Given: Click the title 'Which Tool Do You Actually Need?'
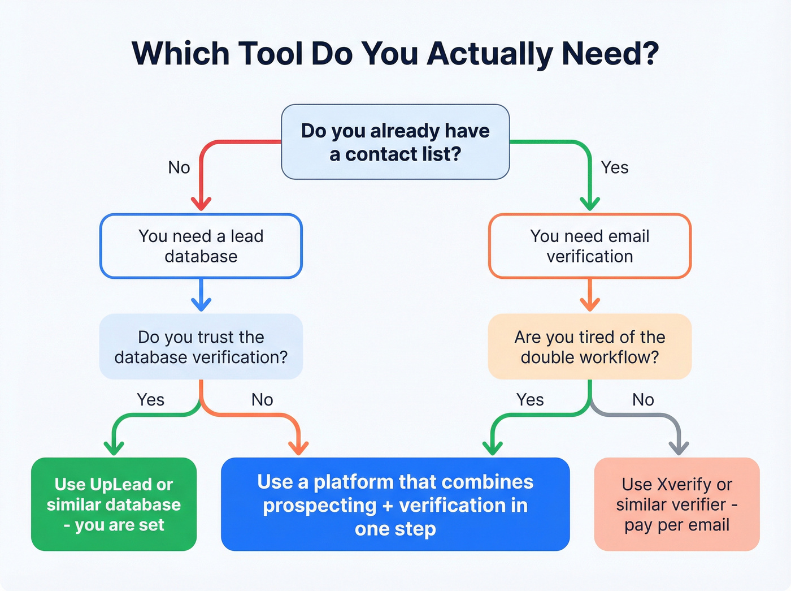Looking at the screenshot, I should tap(395, 54).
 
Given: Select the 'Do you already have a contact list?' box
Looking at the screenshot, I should tap(395, 142).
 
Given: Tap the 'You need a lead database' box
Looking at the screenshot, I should tap(201, 246).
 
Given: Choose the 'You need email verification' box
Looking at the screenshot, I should tap(589, 246).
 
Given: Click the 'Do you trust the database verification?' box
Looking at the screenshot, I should tap(201, 347).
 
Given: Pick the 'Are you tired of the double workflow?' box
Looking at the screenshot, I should tap(589, 347).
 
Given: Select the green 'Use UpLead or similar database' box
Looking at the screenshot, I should tap(114, 504).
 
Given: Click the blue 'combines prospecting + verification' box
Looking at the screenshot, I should tap(395, 504).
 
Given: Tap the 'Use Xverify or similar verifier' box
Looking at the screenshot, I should tap(676, 504).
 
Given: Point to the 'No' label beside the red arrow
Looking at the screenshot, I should tap(179, 167).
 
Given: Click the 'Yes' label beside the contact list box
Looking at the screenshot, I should tap(614, 167).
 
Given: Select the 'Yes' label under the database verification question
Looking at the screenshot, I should tap(150, 400).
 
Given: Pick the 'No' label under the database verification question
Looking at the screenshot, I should tap(262, 400).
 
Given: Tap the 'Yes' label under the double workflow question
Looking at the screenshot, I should tap(530, 400).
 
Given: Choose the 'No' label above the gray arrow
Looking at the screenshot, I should tap(643, 400).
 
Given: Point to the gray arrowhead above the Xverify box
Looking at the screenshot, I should tap(679, 448).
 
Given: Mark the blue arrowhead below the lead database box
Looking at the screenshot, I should tap(201, 304).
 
